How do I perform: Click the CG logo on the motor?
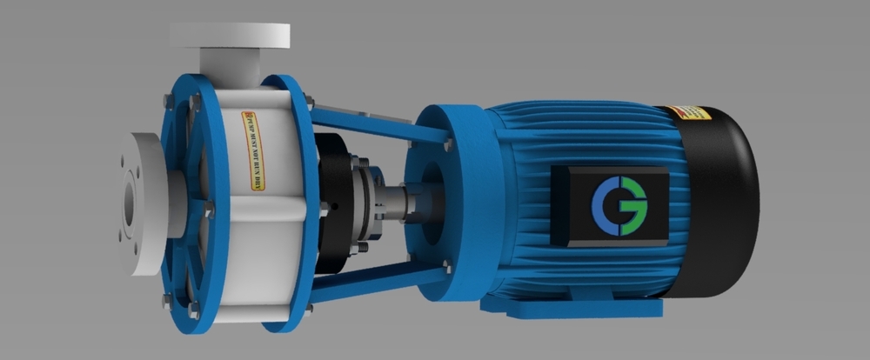(x=619, y=206)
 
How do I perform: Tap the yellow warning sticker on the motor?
(x=690, y=113)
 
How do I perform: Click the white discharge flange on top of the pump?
(x=230, y=37)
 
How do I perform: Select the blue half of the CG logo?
(x=606, y=206)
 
